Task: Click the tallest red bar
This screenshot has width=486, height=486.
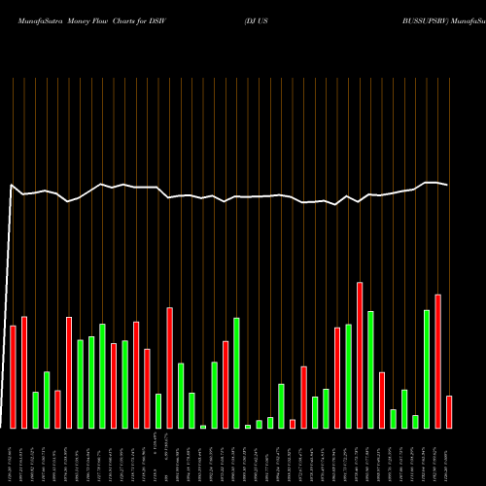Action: pyautogui.click(x=360, y=355)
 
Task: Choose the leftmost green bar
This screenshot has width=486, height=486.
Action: pyautogui.click(x=35, y=409)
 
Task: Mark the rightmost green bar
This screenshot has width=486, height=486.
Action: pyautogui.click(x=426, y=368)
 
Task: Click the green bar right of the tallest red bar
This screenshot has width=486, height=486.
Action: pyautogui.click(x=370, y=369)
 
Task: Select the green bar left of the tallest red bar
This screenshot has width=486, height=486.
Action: pyautogui.click(x=348, y=375)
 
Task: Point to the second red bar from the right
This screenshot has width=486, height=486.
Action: pyautogui.click(x=437, y=361)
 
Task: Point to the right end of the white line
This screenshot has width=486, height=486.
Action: pyautogui.click(x=447, y=185)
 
